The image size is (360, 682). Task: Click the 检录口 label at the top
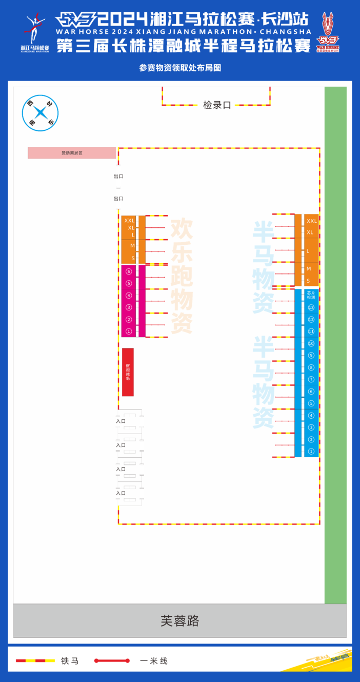[217, 105]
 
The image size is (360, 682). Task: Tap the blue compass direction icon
[40, 113]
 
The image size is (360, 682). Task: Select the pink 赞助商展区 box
[72, 153]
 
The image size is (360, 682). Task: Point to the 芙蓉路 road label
[179, 621]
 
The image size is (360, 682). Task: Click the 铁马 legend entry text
[70, 661]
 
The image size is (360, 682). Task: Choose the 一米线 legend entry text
[154, 661]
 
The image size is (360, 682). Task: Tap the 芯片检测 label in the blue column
[311, 296]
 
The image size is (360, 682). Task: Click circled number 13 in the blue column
[311, 308]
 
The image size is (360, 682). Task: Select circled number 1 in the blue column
[311, 451]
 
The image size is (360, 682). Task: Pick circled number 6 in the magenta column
[129, 271]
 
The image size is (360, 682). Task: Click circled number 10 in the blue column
[311, 343]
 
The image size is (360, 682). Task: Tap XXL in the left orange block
[129, 221]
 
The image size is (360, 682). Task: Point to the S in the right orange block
[308, 281]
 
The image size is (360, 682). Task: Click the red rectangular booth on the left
[128, 372]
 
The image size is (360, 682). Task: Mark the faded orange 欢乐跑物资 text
[182, 276]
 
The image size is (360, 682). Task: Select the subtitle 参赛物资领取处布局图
[179, 68]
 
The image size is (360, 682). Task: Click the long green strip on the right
[335, 345]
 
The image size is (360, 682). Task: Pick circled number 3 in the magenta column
[129, 307]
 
